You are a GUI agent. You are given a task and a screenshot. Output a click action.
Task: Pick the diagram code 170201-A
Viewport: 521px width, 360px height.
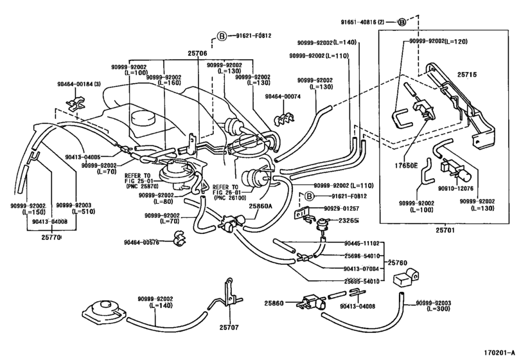tap(500, 352)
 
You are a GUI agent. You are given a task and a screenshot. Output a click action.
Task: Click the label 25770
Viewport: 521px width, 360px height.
tap(51, 237)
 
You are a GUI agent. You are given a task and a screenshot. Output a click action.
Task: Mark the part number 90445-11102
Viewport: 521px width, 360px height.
tap(360, 244)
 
